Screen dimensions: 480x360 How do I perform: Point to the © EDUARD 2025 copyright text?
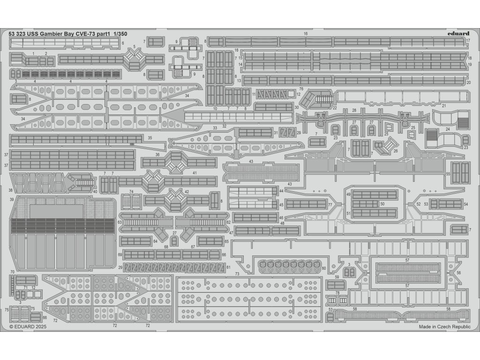coord(28,326)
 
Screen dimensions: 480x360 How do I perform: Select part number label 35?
coord(150,138)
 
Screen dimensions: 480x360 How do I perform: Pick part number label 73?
coord(237,274)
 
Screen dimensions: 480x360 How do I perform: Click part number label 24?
coord(448,129)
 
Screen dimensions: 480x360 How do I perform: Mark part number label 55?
coord(448,174)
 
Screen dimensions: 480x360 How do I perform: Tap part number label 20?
coord(469,82)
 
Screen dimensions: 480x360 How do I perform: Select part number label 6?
coord(122,43)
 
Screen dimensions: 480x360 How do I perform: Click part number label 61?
coord(228,267)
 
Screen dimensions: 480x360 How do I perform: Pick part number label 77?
coord(330,204)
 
